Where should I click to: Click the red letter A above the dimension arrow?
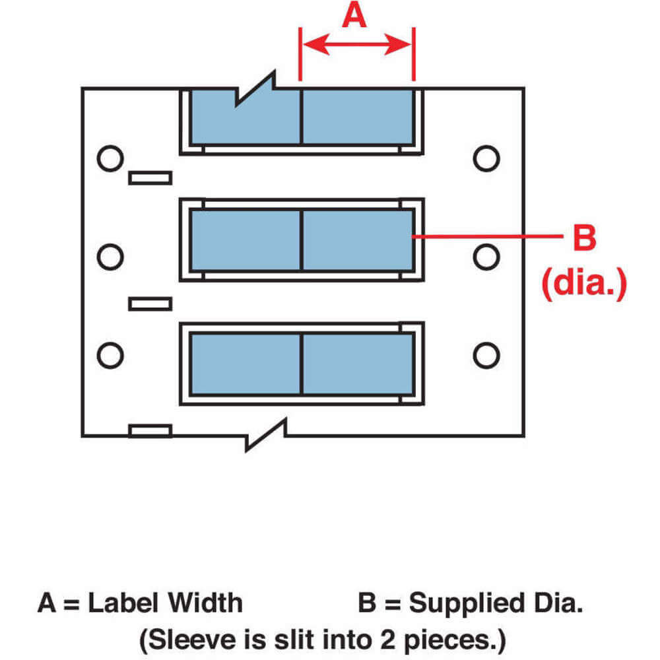(x=354, y=15)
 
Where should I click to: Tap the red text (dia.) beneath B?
(x=583, y=285)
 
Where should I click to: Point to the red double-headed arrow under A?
(x=357, y=45)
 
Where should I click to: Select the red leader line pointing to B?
(x=485, y=236)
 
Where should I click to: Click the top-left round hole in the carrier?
(x=110, y=158)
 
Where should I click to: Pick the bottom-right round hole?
(x=486, y=354)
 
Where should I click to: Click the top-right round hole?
(x=486, y=158)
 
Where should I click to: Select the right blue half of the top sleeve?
(x=357, y=116)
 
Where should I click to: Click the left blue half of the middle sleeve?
(x=246, y=240)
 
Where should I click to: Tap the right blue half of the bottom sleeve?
(x=357, y=364)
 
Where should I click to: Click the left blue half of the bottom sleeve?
(x=246, y=364)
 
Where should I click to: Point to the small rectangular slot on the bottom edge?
(x=150, y=431)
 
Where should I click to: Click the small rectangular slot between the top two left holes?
(x=150, y=178)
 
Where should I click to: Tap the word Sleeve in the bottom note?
(x=185, y=639)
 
